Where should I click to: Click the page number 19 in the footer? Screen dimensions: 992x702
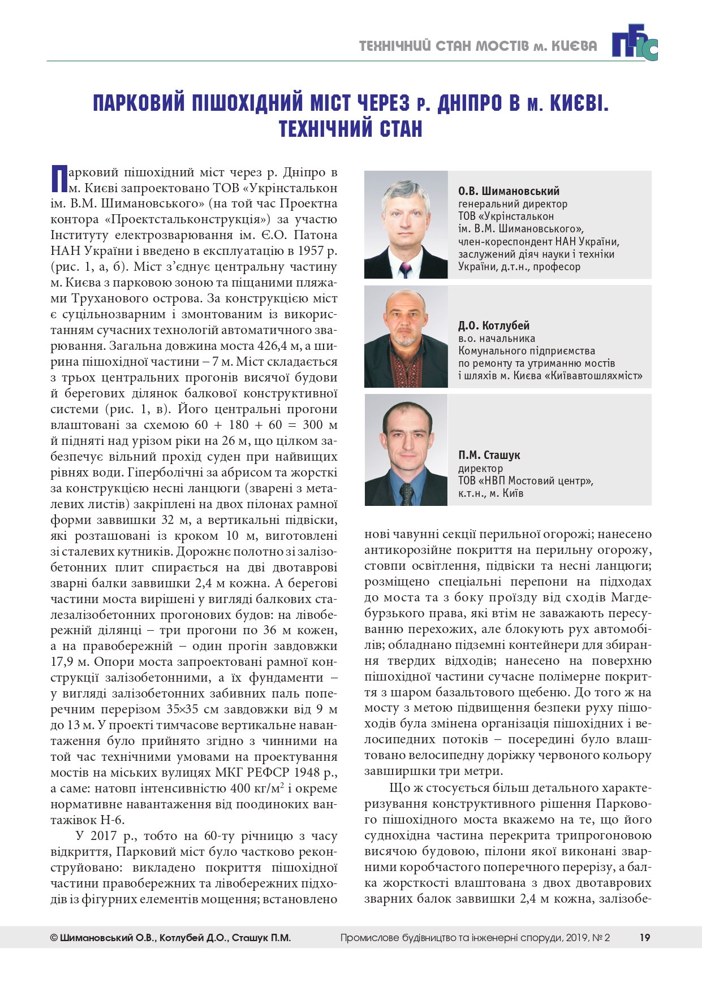click(x=644, y=938)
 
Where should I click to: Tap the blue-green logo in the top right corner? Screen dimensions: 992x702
click(x=634, y=45)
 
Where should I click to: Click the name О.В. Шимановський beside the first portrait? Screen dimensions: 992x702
click(x=509, y=191)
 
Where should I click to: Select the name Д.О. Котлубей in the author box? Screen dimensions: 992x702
click(x=494, y=326)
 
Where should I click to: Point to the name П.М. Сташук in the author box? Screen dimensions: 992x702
click(x=489, y=455)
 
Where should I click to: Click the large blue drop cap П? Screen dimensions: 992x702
click(x=59, y=179)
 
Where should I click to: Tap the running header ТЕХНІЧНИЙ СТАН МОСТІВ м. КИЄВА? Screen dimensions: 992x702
click(x=478, y=46)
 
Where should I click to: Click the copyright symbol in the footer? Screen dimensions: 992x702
click(x=54, y=938)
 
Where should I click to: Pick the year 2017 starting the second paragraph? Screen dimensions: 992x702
click(x=104, y=836)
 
